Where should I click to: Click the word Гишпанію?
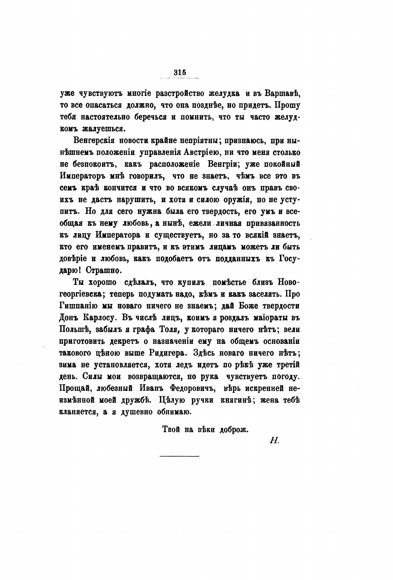(x=76, y=306)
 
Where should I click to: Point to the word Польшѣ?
(x=75, y=329)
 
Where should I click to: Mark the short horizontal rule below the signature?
(x=180, y=456)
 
